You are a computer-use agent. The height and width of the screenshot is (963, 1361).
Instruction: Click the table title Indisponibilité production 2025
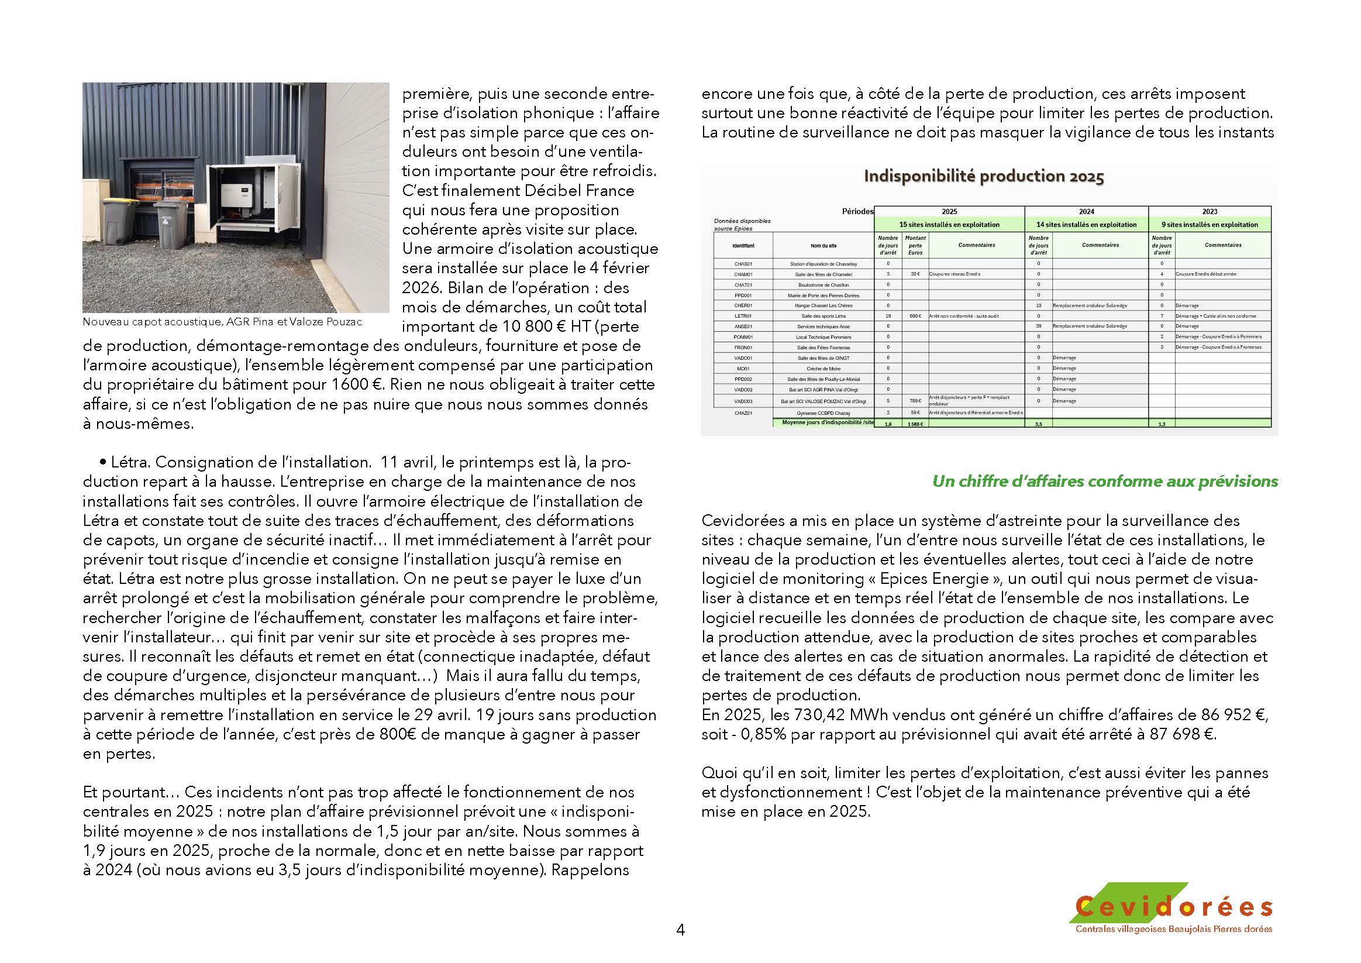[984, 177]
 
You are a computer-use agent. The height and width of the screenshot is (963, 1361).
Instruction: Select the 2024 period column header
[1087, 212]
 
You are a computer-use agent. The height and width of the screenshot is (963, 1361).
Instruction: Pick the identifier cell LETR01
[743, 316]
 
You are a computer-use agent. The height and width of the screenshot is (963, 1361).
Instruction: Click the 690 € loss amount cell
[915, 316]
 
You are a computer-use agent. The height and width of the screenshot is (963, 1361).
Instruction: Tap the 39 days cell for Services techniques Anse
[1039, 326]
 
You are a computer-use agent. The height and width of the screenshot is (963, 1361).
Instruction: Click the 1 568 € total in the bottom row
[915, 424]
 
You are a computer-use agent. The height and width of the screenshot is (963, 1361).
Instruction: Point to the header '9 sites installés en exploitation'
[1210, 225]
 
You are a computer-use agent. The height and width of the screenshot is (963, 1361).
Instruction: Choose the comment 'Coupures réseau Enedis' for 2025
[955, 274]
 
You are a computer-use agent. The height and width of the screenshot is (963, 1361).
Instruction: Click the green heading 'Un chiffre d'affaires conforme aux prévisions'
[1105, 481]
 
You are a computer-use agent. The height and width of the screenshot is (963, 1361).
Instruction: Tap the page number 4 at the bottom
[681, 930]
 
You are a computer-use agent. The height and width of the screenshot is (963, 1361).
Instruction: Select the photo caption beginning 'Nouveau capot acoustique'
[222, 322]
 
